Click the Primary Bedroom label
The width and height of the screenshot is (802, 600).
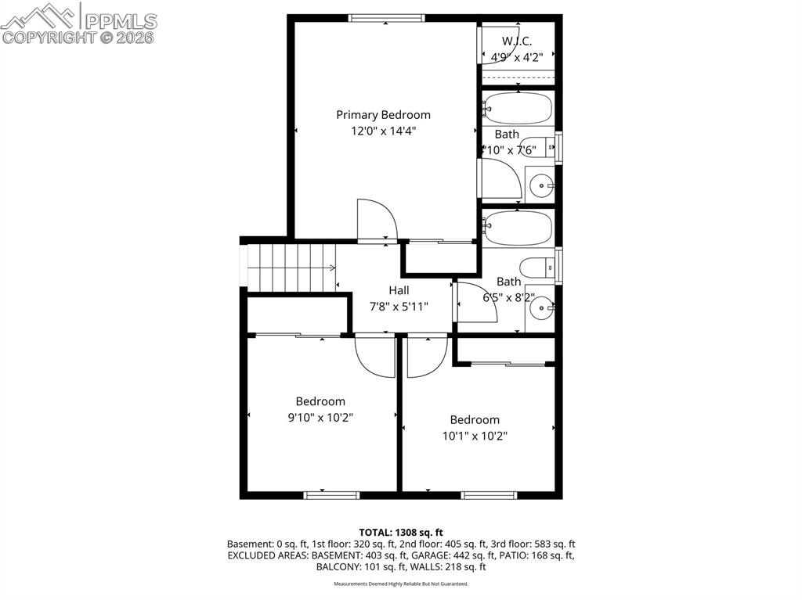click(x=383, y=114)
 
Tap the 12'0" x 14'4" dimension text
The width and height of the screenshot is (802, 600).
click(x=383, y=131)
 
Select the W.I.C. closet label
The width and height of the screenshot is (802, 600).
click(x=517, y=40)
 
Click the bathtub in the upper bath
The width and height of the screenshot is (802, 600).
click(x=517, y=109)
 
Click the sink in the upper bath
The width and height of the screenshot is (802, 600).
click(x=540, y=185)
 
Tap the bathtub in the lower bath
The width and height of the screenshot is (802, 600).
click(x=517, y=228)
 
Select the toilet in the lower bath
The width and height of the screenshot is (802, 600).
click(x=538, y=268)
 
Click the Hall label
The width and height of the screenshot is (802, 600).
click(x=399, y=290)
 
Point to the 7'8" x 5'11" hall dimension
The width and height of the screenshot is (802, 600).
click(x=399, y=307)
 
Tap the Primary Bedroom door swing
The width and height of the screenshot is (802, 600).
click(x=376, y=221)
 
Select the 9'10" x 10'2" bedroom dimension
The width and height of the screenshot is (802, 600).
click(x=320, y=418)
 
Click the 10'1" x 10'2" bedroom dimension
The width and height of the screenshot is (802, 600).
click(x=475, y=437)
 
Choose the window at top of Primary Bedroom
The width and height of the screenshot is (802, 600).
click(x=386, y=18)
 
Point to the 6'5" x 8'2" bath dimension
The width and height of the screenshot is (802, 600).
click(x=508, y=297)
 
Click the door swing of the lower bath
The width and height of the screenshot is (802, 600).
click(x=475, y=303)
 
